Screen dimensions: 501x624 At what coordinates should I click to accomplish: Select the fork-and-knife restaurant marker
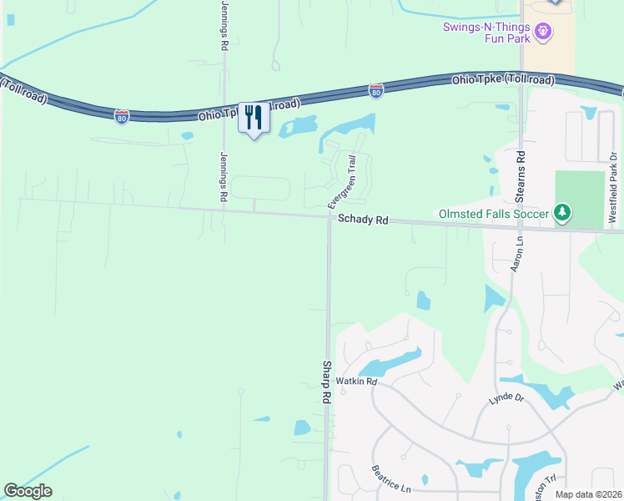[x=253, y=119]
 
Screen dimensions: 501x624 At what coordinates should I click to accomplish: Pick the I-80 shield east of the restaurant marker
[x=376, y=90]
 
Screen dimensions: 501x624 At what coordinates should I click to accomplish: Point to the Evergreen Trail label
[x=341, y=182]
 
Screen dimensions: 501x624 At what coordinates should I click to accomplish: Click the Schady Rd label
[x=363, y=220]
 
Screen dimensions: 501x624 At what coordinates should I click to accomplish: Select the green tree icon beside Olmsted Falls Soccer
[x=563, y=214]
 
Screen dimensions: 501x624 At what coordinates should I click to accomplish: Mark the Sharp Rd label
[x=327, y=382]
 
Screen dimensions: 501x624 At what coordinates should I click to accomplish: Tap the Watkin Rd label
[x=360, y=382]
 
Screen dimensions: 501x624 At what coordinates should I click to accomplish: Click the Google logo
[x=28, y=491]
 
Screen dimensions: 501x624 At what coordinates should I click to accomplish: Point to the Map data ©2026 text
[x=589, y=494]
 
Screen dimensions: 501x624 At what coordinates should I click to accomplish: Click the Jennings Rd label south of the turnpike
[x=224, y=177]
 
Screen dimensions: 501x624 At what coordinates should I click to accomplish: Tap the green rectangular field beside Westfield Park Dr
[x=579, y=199]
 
